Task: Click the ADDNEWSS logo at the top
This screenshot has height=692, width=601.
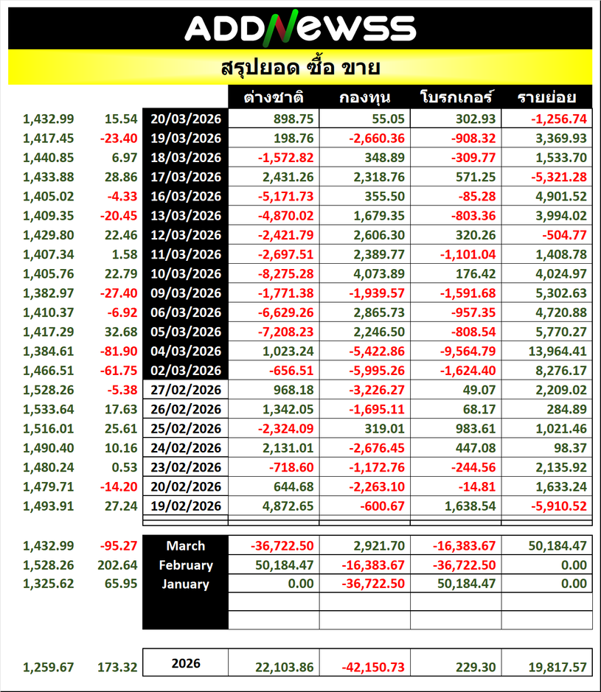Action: click(300, 28)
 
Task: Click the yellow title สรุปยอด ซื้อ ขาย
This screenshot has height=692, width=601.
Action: click(300, 69)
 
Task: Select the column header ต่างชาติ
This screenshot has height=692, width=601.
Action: click(275, 97)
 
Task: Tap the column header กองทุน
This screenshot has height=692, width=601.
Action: click(365, 97)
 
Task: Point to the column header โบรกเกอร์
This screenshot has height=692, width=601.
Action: click(456, 97)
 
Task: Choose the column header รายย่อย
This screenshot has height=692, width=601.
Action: click(546, 97)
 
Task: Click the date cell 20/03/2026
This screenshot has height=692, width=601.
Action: click(186, 119)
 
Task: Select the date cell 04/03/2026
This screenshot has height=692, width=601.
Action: click(186, 350)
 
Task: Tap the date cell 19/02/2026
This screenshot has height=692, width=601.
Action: click(186, 505)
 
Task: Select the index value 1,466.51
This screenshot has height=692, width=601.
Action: click(48, 370)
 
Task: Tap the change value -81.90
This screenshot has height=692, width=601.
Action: click(120, 350)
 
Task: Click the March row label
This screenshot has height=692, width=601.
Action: click(186, 546)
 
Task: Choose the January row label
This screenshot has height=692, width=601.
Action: click(186, 584)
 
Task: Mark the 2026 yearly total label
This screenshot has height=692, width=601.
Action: click(186, 663)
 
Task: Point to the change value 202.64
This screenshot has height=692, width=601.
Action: click(118, 565)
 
